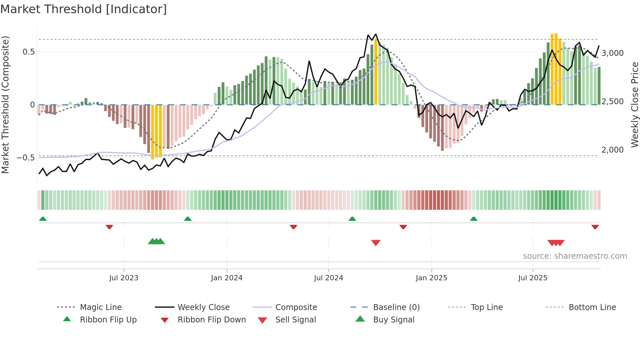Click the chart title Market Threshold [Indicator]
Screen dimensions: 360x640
84,9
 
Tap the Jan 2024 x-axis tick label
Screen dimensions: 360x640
227,278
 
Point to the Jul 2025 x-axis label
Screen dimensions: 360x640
533,278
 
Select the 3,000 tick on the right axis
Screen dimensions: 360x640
612,53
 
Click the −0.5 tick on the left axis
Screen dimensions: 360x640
25,158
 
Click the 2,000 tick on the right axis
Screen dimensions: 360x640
612,150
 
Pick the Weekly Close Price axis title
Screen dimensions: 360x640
634,105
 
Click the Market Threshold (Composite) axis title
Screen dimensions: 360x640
5,105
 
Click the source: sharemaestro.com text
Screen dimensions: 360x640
575,256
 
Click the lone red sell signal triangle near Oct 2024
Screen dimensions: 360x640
376,243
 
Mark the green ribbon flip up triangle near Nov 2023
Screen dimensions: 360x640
188,219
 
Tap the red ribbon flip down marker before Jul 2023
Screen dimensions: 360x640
109,227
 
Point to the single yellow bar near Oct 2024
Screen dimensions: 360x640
376,72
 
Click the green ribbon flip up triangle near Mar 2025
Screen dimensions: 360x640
474,219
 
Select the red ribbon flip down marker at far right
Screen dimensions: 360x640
595,227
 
